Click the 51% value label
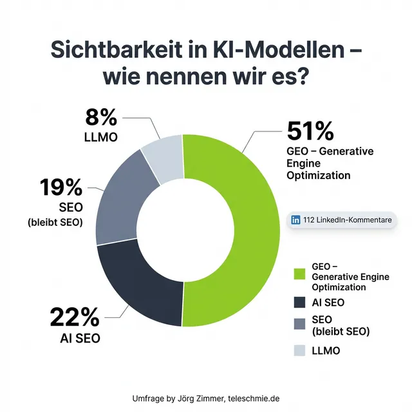(x=310, y=131)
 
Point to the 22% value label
(x=75, y=317)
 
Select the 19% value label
(x=61, y=188)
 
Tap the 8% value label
(x=101, y=118)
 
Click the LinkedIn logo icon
(x=296, y=220)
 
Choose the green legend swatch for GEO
(x=299, y=274)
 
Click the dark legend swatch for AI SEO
(x=299, y=302)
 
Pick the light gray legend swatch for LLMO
(x=299, y=351)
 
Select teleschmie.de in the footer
(x=254, y=398)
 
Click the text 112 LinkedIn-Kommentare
(x=347, y=220)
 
